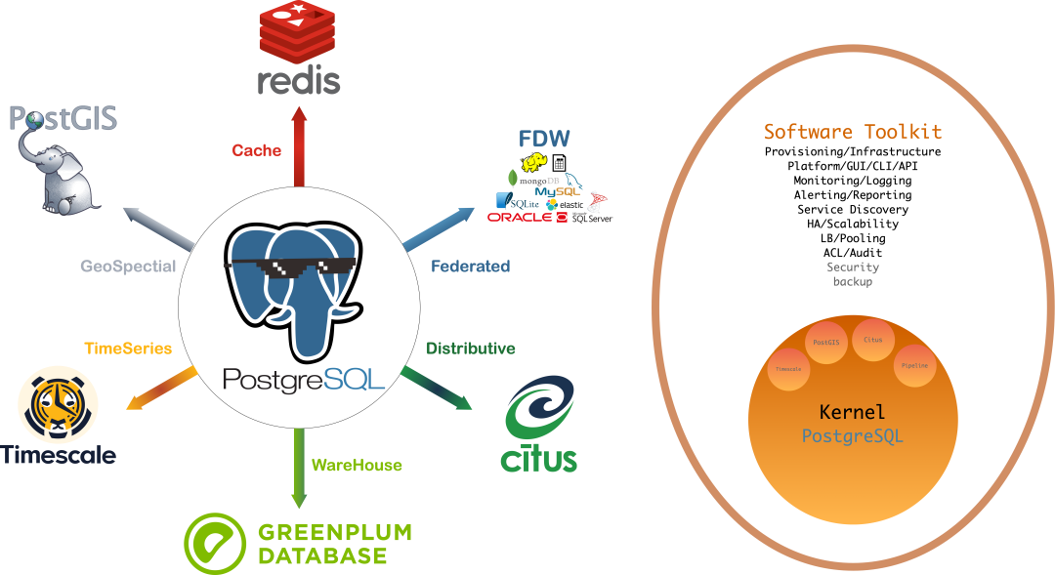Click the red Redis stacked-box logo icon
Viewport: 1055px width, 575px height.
(299, 31)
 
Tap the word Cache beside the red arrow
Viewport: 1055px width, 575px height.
(257, 150)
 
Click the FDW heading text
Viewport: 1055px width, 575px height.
(545, 138)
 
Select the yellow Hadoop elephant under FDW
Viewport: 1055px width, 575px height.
(534, 162)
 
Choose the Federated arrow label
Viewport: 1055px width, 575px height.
(471, 266)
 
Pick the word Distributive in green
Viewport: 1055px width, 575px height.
(471, 349)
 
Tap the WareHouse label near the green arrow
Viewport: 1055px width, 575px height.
(357, 466)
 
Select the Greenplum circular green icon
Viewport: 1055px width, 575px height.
(215, 542)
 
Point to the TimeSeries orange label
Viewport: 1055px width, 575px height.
(128, 348)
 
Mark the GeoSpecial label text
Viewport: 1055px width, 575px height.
(128, 266)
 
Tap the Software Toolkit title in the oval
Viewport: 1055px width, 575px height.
(853, 132)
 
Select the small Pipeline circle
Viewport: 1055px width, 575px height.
(915, 365)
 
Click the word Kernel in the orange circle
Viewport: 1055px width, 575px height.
(853, 412)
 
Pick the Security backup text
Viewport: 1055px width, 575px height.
(853, 273)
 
